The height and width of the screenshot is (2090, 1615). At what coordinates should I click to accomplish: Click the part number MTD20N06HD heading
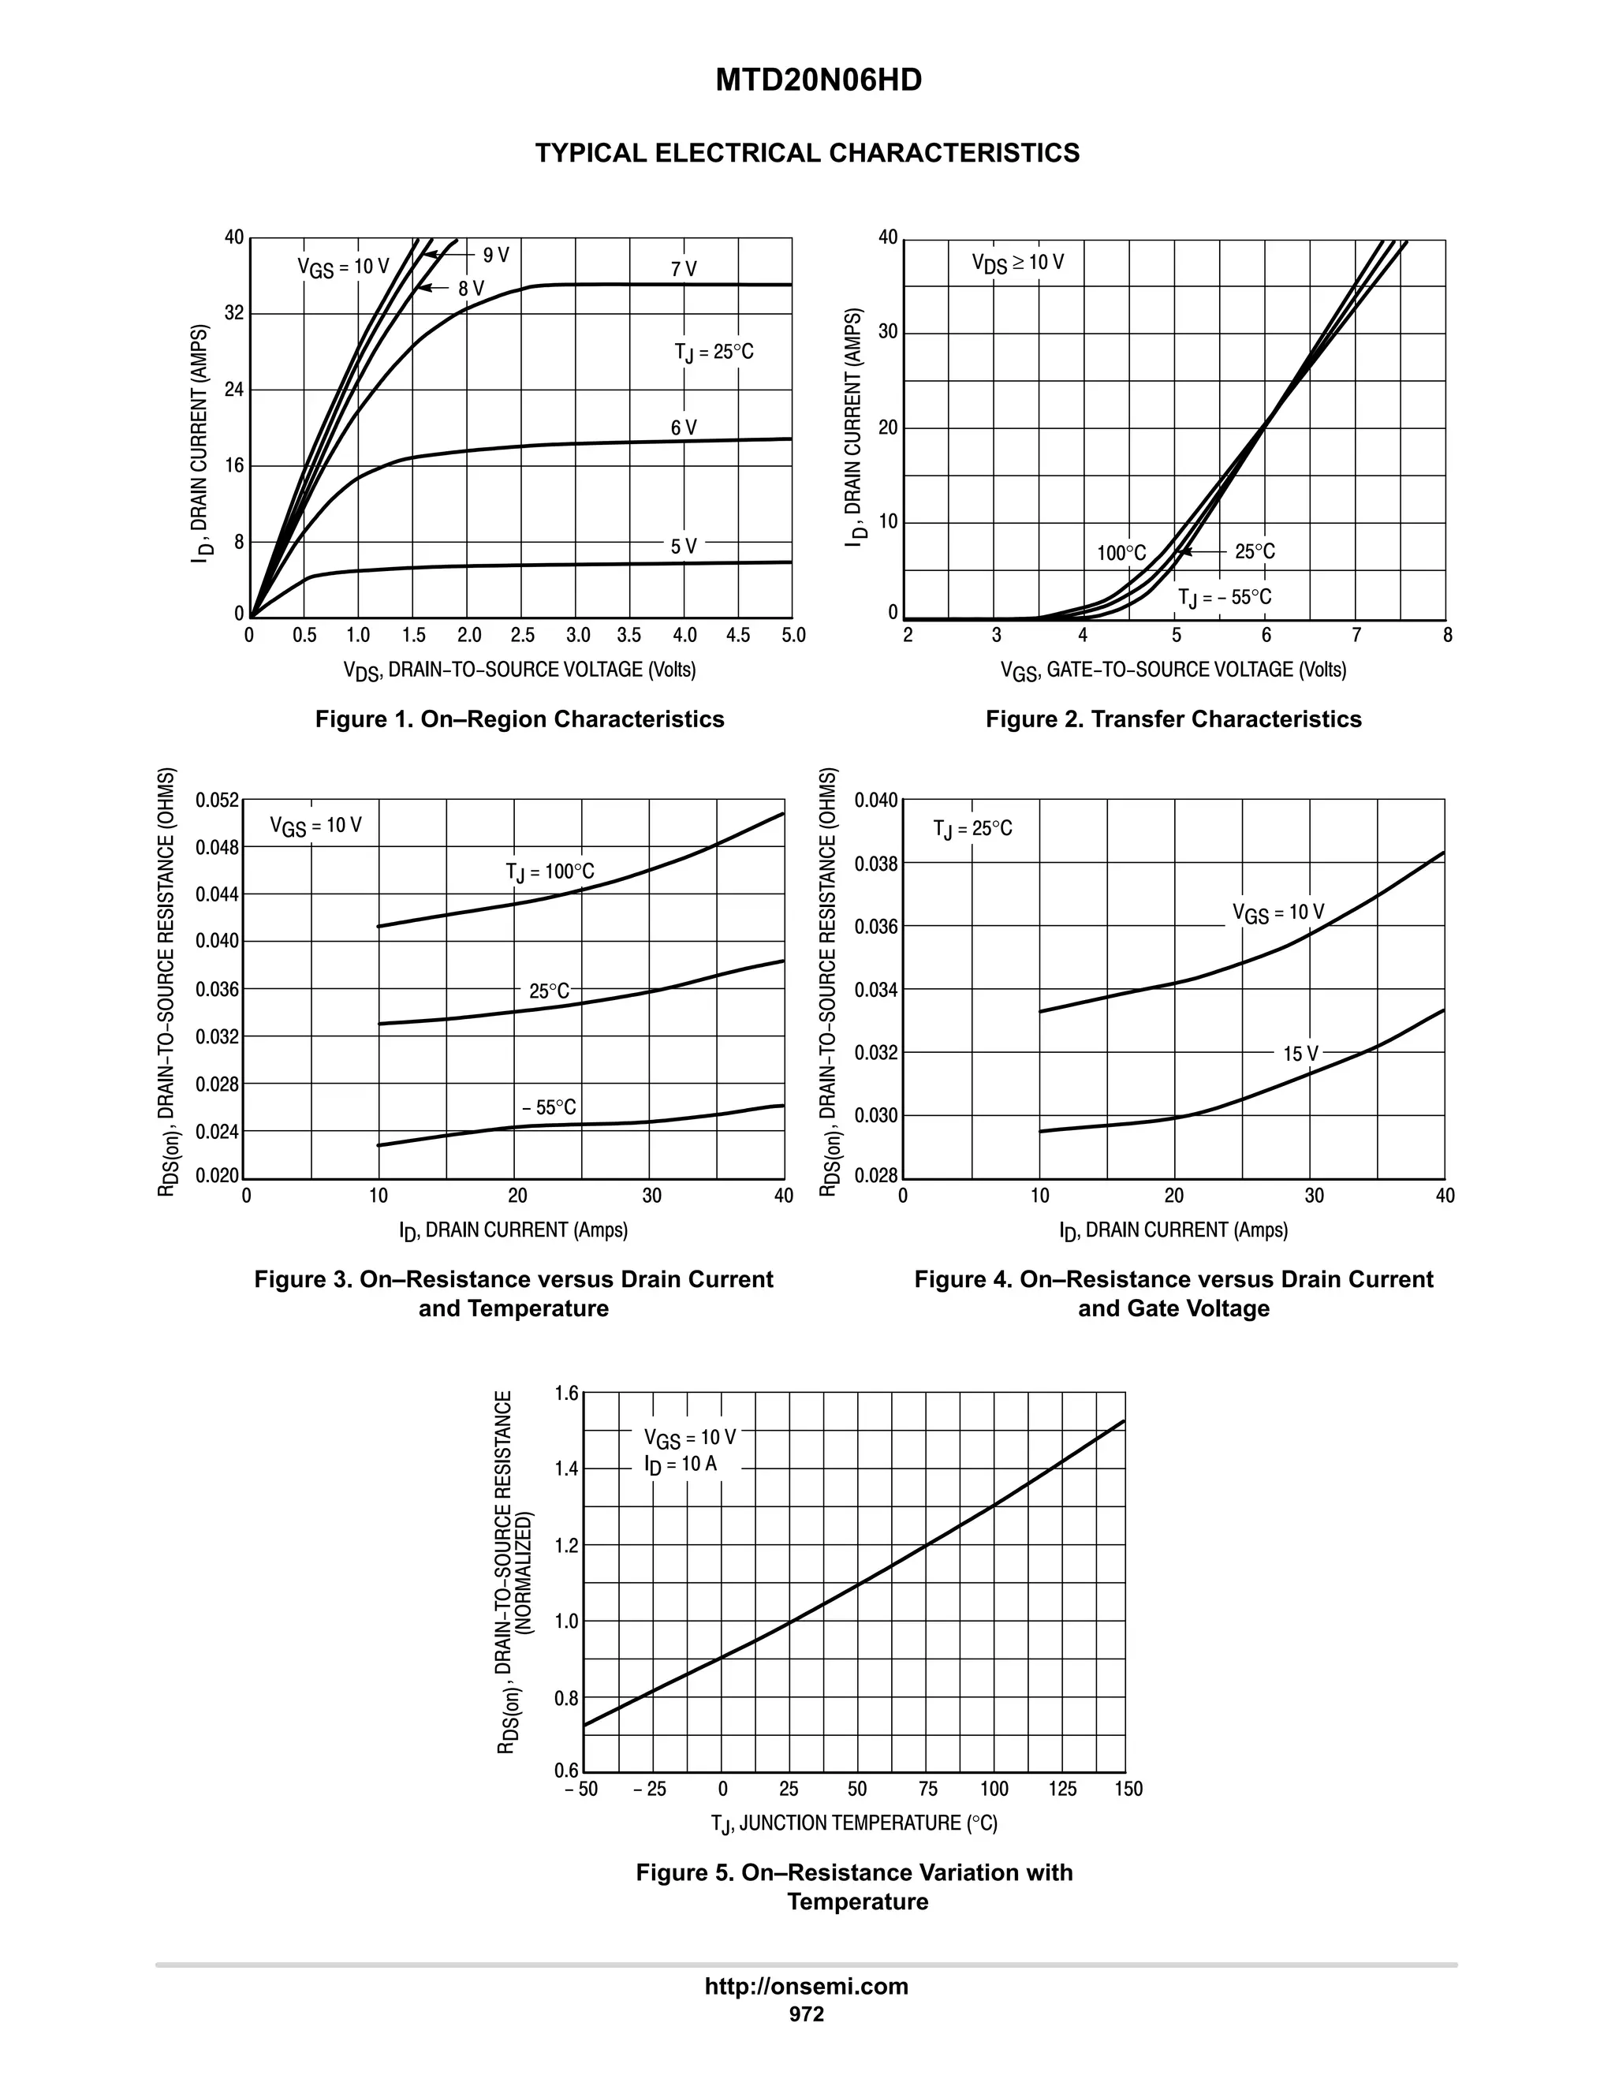[818, 80]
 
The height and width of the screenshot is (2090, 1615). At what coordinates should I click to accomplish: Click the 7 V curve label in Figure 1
[683, 270]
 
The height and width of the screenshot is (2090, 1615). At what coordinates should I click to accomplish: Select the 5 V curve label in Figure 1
[683, 547]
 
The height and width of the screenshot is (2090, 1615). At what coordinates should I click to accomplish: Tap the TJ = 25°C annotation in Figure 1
[714, 353]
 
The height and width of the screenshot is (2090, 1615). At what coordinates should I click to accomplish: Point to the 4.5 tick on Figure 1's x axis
[737, 636]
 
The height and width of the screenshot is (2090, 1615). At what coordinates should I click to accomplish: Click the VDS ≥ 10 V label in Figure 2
[1017, 262]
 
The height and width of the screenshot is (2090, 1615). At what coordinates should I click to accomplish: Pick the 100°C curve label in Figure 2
[1121, 553]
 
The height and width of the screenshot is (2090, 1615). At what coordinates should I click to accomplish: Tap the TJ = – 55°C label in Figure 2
[1224, 598]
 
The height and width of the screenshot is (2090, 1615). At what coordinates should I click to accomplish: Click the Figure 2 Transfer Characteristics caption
[1173, 718]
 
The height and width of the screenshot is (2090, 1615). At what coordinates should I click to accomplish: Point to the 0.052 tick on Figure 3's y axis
[216, 800]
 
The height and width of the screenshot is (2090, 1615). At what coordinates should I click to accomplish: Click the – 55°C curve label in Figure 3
[548, 1107]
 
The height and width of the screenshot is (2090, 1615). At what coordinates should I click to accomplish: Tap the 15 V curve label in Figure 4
[1300, 1054]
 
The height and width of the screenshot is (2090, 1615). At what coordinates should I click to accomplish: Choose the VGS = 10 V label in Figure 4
[1277, 913]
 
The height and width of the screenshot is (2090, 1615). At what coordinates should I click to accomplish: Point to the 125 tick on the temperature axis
[1061, 1790]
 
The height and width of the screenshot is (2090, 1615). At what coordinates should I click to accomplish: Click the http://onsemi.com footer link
[806, 1987]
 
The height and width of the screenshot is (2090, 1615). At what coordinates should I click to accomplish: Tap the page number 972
[806, 2014]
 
